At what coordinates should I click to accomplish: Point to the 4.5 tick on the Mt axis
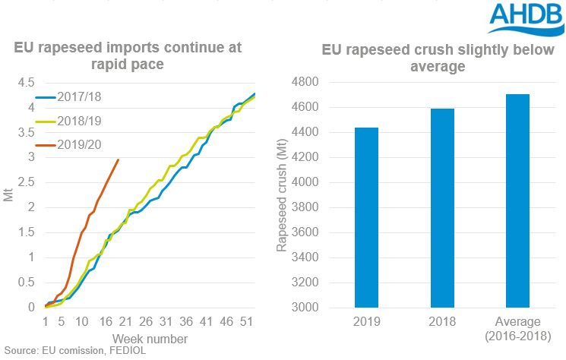pyautogui.click(x=25, y=82)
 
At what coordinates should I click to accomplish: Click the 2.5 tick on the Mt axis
pyautogui.click(x=25, y=182)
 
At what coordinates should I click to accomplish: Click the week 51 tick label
pyautogui.click(x=246, y=322)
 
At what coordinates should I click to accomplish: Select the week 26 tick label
pyautogui.click(x=147, y=322)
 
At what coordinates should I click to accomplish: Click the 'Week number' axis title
pyautogui.click(x=150, y=338)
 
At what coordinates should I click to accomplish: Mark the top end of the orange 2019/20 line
pyautogui.click(x=119, y=159)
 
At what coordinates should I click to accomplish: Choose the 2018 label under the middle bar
pyautogui.click(x=442, y=322)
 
